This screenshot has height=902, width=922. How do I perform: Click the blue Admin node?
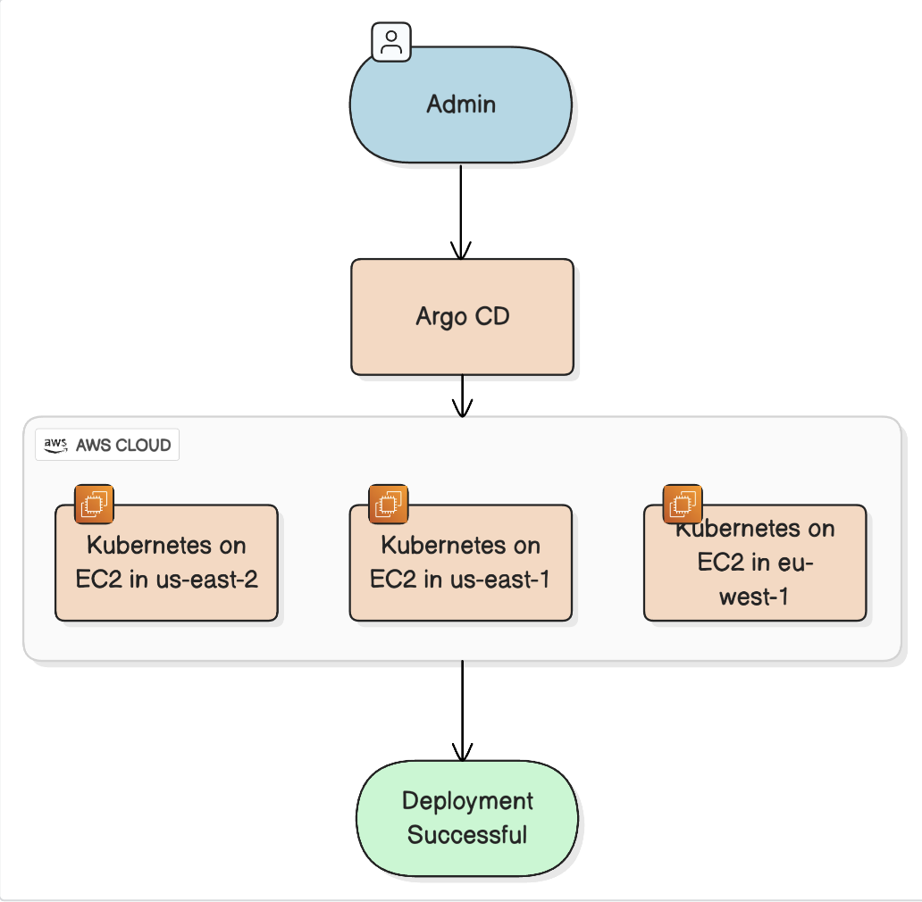coord(460,104)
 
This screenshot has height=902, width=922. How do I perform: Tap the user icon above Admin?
coord(391,42)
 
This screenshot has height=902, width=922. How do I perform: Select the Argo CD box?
coord(462,317)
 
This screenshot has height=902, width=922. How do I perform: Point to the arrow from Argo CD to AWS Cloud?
coord(462,396)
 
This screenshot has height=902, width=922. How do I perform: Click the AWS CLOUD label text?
coord(123,445)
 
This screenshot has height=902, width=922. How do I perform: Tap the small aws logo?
coord(55,445)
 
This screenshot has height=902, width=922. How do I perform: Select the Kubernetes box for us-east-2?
coord(166,563)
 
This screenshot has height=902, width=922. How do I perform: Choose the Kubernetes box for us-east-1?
coord(460,563)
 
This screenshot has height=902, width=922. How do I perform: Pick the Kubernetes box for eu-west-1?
coord(755,563)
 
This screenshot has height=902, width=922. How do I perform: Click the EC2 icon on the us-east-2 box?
coord(94,504)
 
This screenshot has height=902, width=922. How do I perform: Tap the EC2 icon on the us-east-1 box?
coord(389,504)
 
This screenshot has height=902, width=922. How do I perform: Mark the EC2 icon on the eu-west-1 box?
coord(683,504)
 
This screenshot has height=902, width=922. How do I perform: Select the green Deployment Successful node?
coord(467,818)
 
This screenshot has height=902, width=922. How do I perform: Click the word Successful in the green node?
coord(467,835)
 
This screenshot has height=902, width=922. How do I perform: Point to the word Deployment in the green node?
coord(467,800)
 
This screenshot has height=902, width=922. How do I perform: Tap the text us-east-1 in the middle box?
coord(500,579)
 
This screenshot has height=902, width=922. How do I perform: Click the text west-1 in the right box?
coord(754,597)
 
